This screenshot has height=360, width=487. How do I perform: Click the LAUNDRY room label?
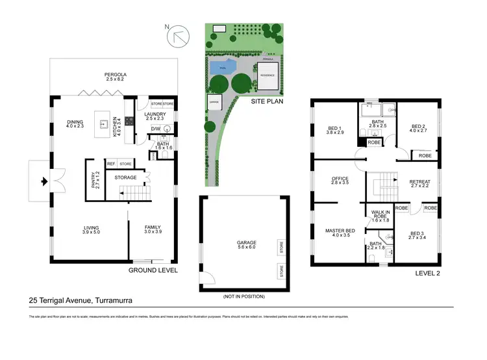pyautogui.click(x=156, y=116)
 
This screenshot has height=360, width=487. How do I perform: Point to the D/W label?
pyautogui.click(x=156, y=129)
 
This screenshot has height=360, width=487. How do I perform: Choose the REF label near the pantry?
pyautogui.click(x=111, y=164)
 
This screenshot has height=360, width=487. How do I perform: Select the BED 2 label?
pyautogui.click(x=417, y=129)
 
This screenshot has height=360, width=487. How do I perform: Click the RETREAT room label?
pyautogui.click(x=420, y=183)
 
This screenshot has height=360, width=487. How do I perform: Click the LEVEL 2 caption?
pyautogui.click(x=427, y=274)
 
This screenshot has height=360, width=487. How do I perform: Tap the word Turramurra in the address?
pyautogui.click(x=116, y=300)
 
